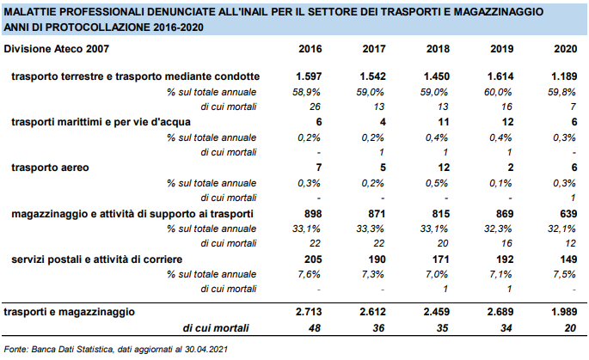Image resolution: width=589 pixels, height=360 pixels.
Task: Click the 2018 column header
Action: coord(438,49)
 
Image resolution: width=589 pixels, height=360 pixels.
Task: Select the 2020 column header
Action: coord(565,49)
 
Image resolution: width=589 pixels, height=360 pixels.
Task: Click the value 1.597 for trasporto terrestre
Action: coord(309,76)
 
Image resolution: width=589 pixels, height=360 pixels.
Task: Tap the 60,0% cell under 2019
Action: coord(498,92)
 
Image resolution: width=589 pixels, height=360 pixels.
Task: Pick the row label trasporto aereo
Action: coord(50,168)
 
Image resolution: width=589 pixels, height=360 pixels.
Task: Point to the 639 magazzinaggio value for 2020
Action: coord(568,214)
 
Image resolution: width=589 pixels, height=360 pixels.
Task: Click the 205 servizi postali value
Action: coord(313,259)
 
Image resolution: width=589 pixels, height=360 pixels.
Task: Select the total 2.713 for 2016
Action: coord(309,312)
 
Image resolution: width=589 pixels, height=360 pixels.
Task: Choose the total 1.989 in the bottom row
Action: coord(564,312)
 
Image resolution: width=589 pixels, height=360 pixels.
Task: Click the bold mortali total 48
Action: coord(315,328)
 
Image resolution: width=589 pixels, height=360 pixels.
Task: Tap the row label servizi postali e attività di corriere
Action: coord(96,259)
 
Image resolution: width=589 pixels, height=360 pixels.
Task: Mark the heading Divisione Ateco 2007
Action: coord(57,49)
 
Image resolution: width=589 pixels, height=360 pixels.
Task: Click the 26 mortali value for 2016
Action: coord(315,107)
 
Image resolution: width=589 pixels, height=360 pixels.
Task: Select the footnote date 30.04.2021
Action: coord(206,349)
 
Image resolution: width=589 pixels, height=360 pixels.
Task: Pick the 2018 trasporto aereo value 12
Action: coord(443,168)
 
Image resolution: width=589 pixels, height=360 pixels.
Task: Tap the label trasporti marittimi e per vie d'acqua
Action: coord(101,122)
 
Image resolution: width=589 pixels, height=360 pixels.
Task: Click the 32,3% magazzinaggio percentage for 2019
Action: coord(498,229)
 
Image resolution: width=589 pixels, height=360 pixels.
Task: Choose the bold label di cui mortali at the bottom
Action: coord(216,328)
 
